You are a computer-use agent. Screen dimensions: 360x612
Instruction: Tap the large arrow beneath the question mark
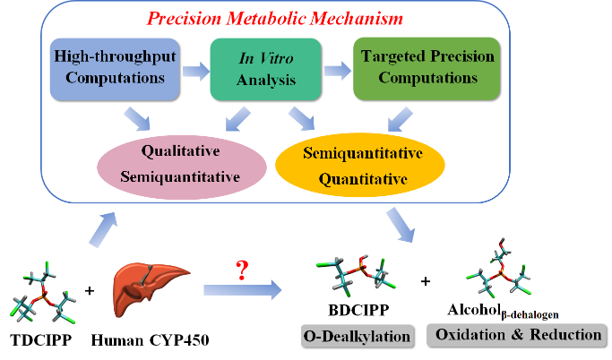tap(240, 290)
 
